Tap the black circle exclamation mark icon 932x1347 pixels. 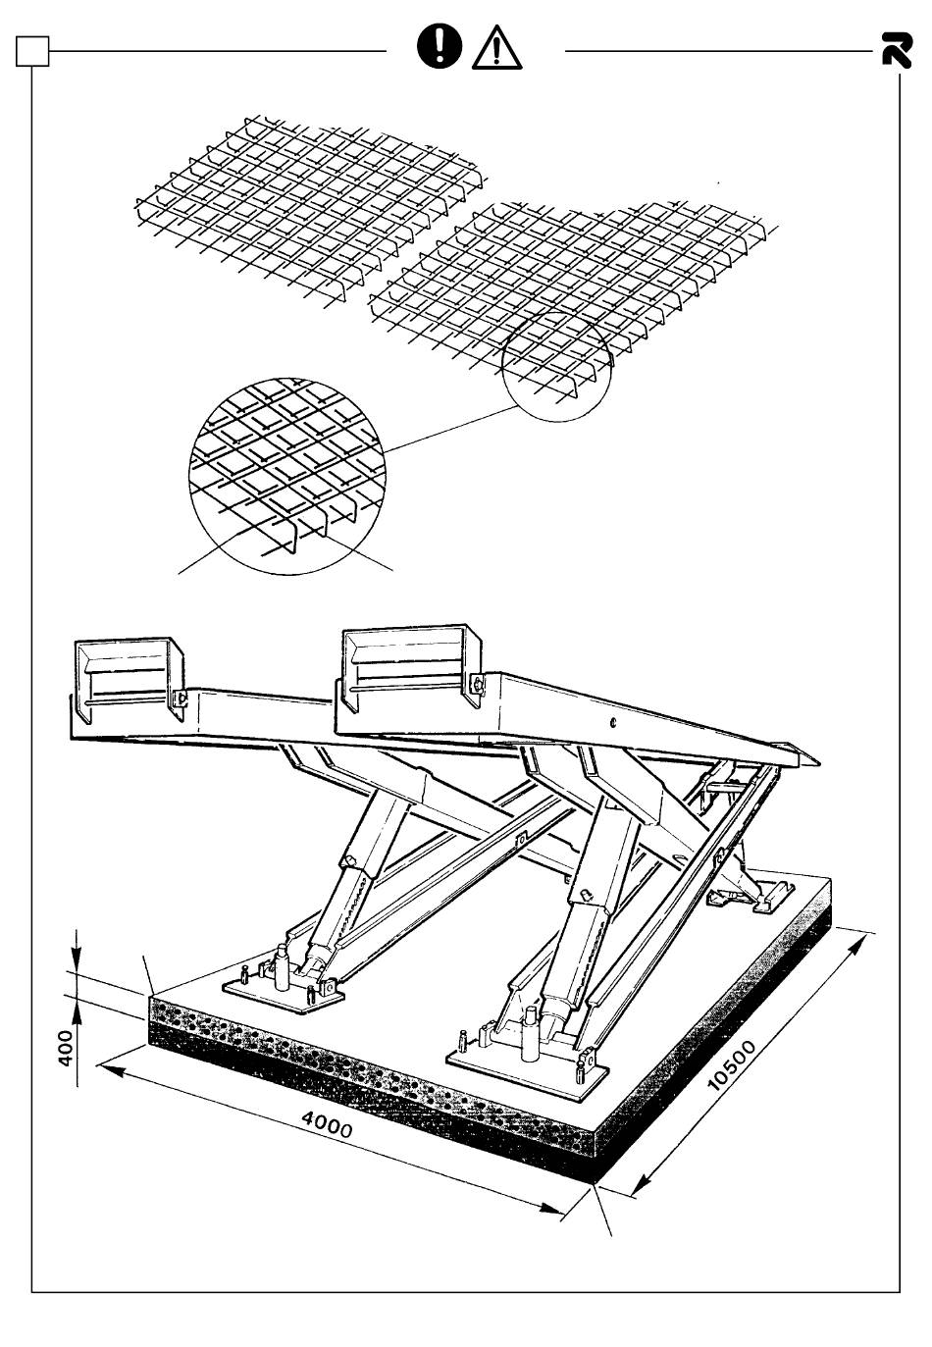point(440,47)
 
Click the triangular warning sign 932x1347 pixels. point(496,49)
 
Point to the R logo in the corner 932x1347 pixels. point(897,50)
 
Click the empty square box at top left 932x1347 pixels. point(32,51)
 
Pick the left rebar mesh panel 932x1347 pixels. point(310,211)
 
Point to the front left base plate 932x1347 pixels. point(284,991)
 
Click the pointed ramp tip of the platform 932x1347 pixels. point(816,762)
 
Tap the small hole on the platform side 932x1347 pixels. point(613,723)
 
